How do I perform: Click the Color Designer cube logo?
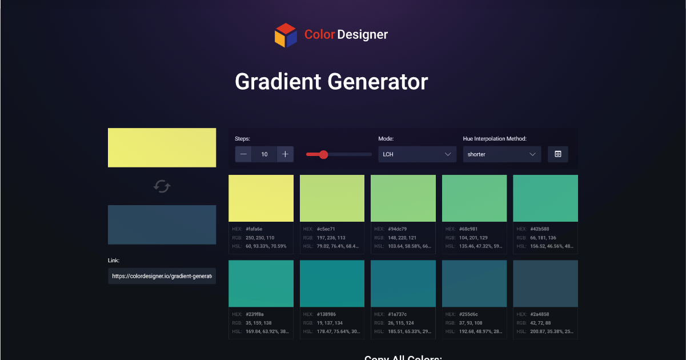(286, 35)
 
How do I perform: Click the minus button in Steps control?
(243, 154)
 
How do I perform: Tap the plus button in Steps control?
(285, 154)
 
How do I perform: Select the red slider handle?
(323, 154)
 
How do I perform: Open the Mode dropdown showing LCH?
(417, 154)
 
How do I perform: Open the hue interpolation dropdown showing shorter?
(502, 154)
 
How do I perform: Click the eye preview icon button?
(558, 154)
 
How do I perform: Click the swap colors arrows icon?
(162, 186)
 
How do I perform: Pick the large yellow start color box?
(162, 147)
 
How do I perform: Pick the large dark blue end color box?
(162, 225)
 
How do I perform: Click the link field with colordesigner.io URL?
(162, 276)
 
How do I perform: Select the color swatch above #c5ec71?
(332, 198)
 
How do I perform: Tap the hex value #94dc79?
(399, 229)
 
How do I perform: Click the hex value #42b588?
(541, 229)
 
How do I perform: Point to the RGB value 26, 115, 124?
(403, 323)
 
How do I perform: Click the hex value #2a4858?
(541, 314)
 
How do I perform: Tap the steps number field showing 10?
(264, 154)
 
